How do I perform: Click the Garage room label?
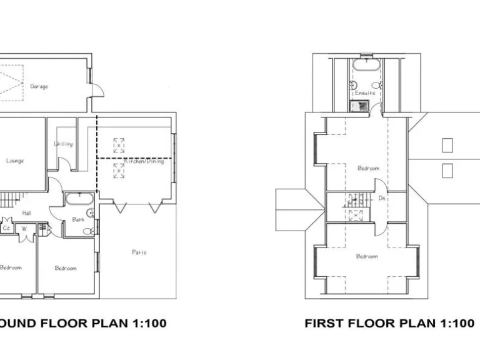coord(39,86)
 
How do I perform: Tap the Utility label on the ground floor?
coord(63,144)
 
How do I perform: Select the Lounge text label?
coord(15,161)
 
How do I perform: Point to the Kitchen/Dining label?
coord(143,161)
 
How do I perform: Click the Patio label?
coord(139,252)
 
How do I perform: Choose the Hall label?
coord(27,213)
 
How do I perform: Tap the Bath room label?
coord(78,219)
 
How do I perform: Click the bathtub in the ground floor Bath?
coord(79,200)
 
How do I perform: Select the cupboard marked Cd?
coord(7,228)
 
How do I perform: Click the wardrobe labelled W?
coord(24,228)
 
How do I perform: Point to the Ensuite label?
coord(365,93)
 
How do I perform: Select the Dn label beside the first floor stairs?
coord(382,198)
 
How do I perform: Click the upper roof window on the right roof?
coord(447,145)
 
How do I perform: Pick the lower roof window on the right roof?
coord(447,170)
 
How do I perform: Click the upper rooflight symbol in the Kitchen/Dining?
coord(118,146)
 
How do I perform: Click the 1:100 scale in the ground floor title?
coord(149,323)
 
